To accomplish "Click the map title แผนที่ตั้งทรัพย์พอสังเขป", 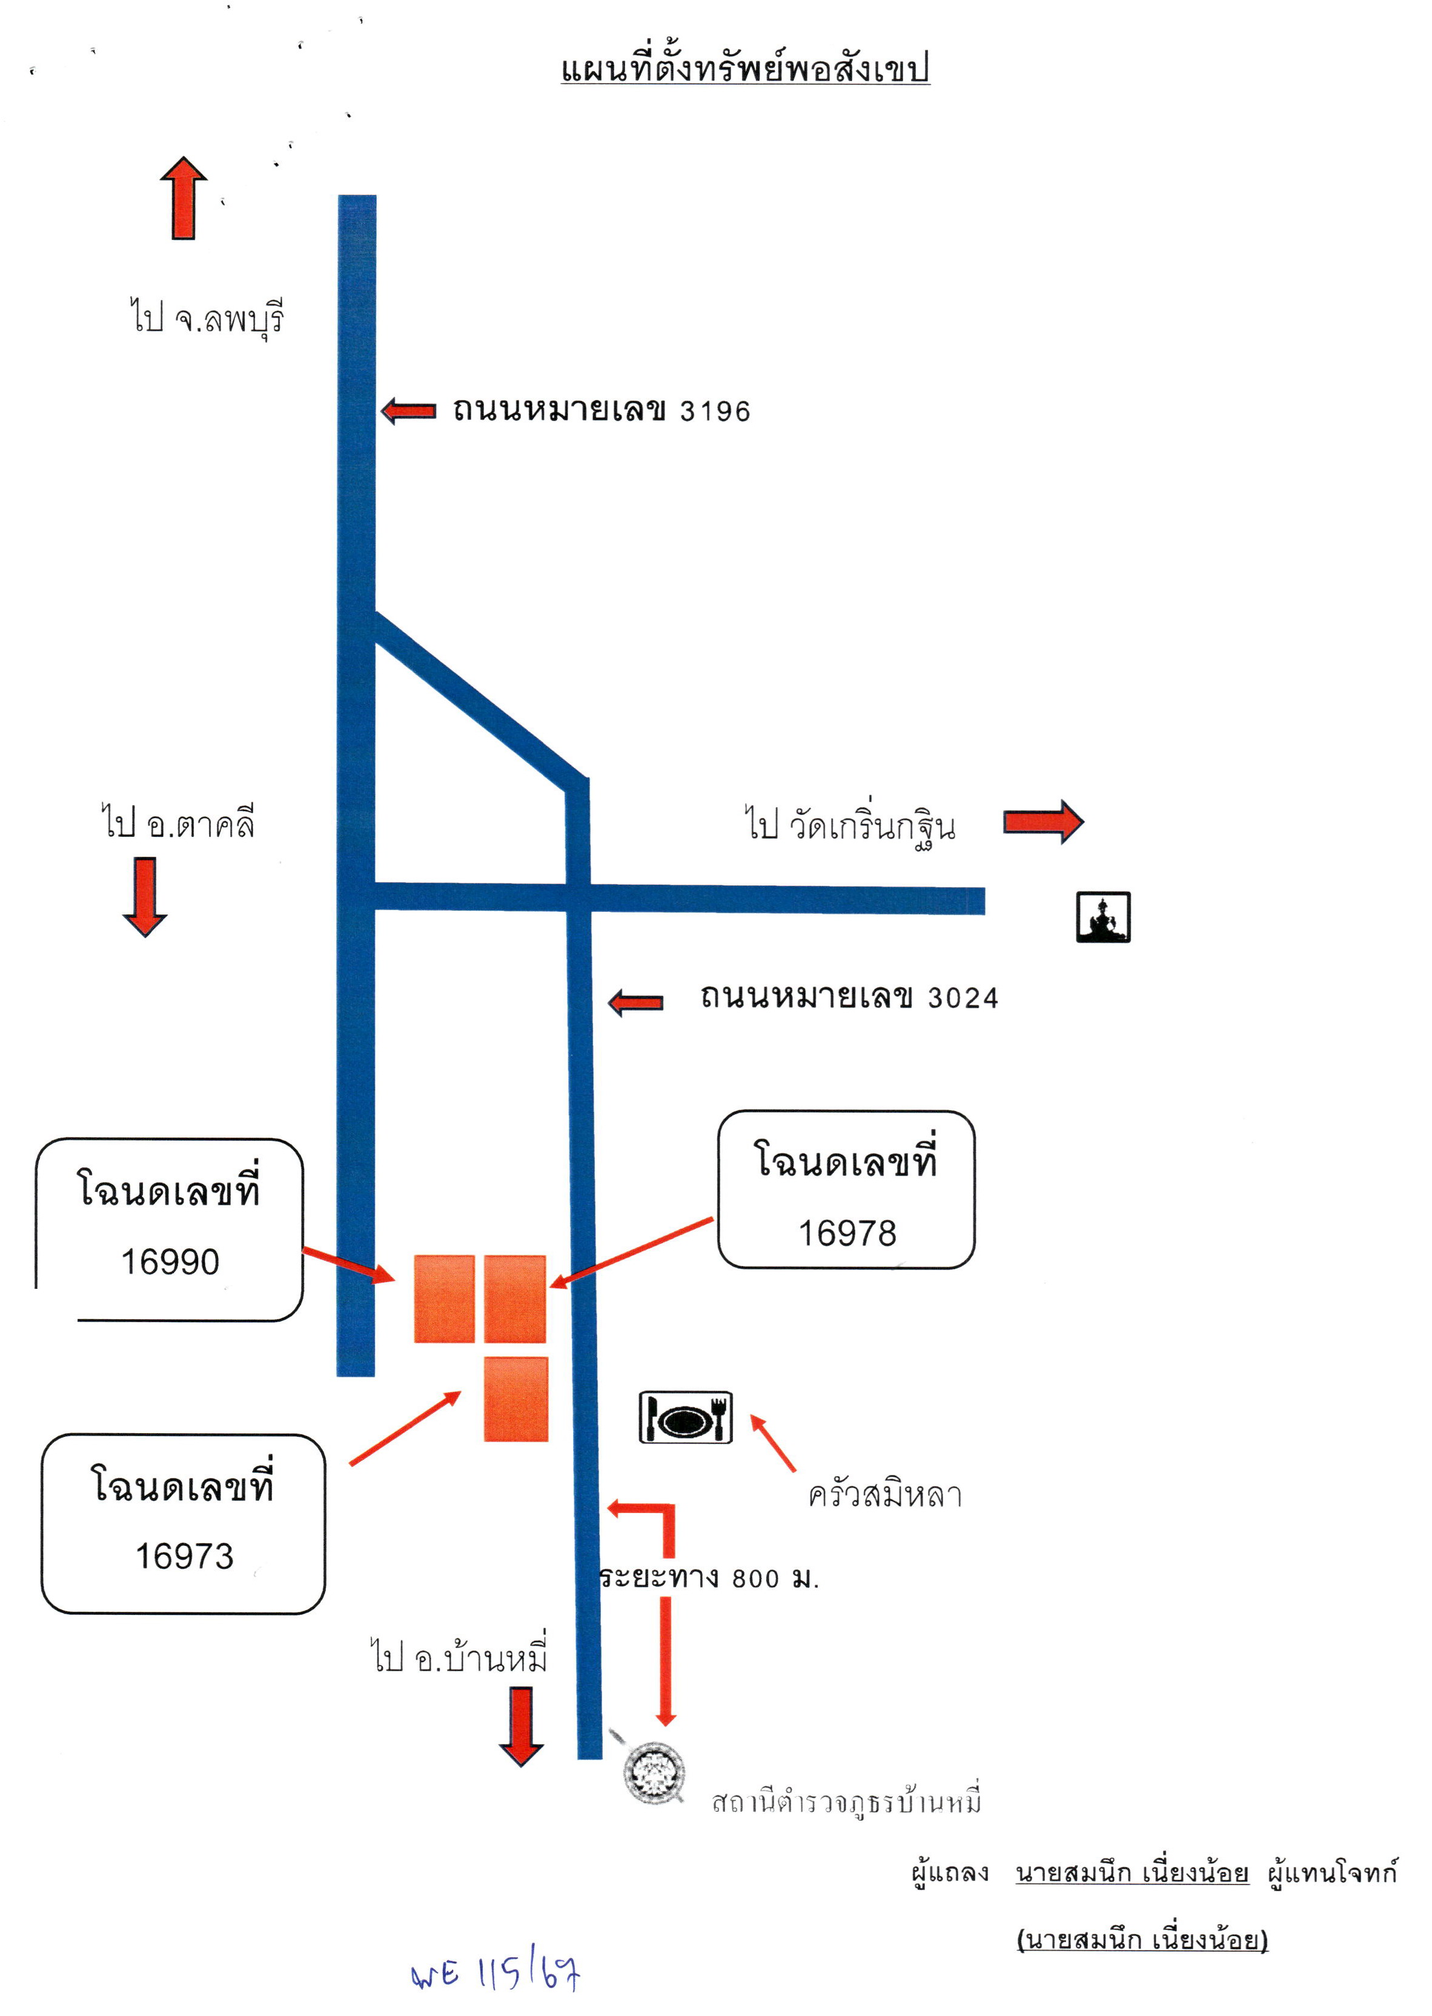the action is (x=745, y=68).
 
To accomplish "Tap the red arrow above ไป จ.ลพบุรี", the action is (x=184, y=198).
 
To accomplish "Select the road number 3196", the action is (x=715, y=411).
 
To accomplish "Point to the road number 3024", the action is (x=963, y=998).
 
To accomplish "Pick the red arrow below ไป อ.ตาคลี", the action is (x=145, y=896).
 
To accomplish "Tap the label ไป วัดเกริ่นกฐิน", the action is (x=850, y=825).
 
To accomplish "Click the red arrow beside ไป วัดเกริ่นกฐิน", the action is (x=1043, y=822).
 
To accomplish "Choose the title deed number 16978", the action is (x=847, y=1233).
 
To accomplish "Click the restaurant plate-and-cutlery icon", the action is (x=686, y=1417).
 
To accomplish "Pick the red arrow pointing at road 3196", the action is (x=408, y=411).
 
